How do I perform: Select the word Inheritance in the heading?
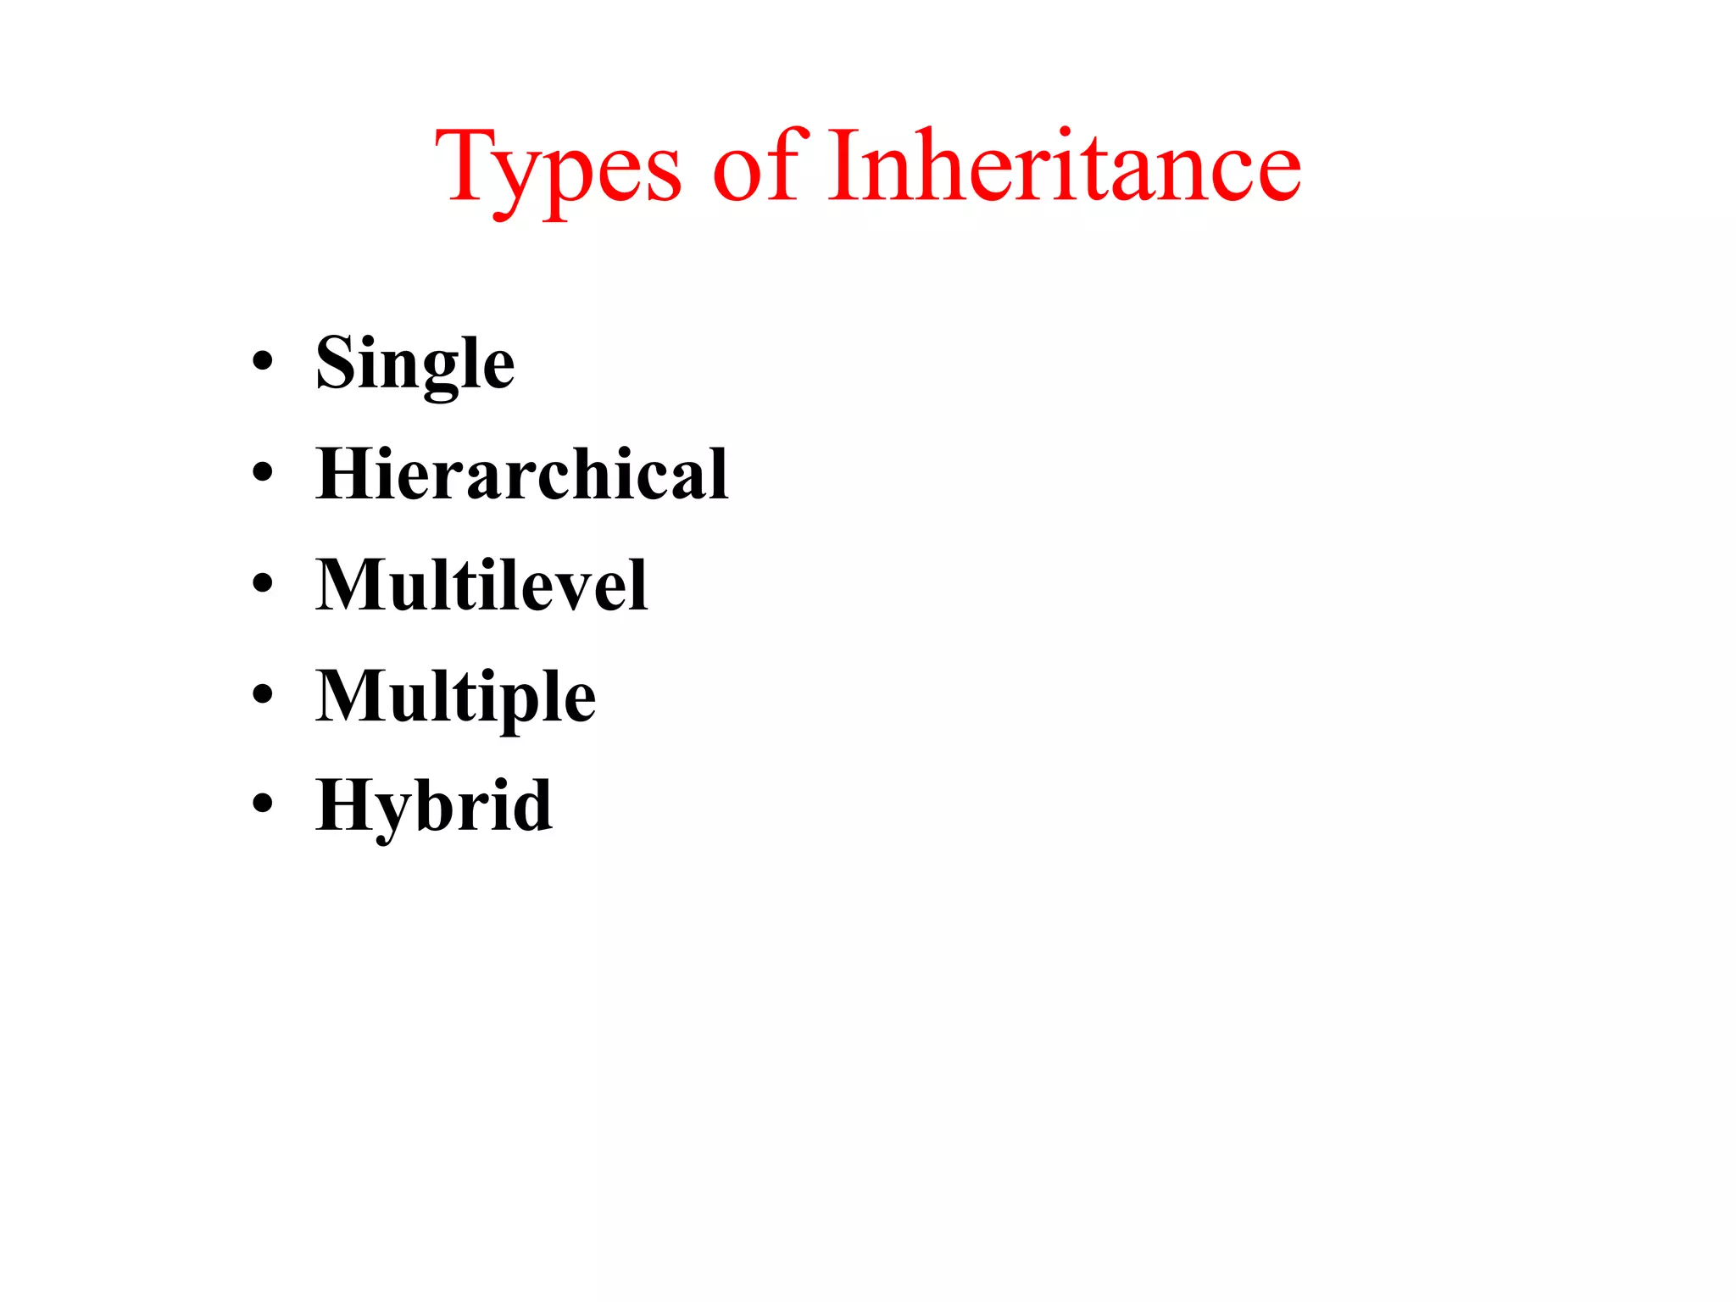click(1064, 164)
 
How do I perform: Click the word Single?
click(415, 364)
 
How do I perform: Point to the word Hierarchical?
click(522, 474)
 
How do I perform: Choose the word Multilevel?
click(481, 584)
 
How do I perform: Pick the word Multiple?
click(456, 696)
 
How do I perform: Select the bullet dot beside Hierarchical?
click(263, 471)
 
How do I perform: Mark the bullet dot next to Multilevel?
click(263, 582)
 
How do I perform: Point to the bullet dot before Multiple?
click(263, 693)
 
